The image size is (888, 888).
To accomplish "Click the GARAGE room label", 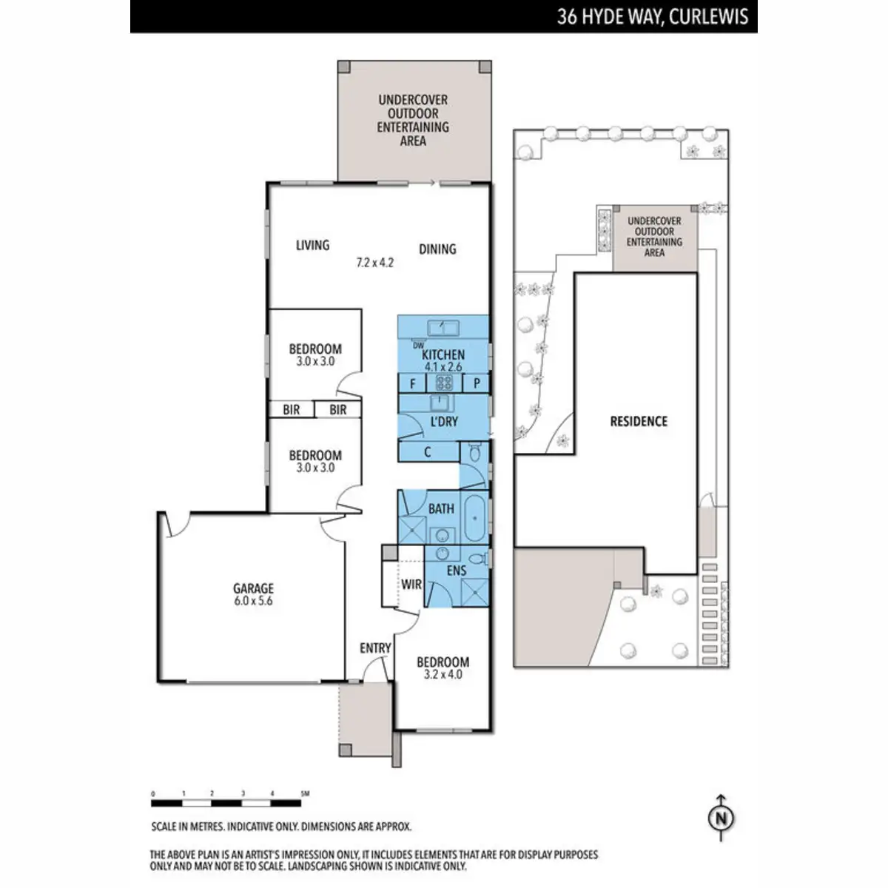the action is [x=253, y=588].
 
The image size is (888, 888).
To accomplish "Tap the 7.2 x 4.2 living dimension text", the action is [x=374, y=262].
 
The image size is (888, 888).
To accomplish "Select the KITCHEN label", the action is [x=443, y=355].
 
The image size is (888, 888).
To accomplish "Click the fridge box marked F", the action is [x=412, y=383].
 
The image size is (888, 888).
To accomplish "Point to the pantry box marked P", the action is [x=477, y=383].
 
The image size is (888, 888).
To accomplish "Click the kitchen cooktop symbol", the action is [x=444, y=383].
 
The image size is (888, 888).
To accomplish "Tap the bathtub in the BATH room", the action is [x=474, y=518].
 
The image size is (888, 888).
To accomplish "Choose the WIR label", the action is [x=411, y=585].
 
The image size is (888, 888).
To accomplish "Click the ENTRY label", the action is [x=375, y=648].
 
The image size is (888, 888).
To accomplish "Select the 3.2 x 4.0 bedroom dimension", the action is [x=443, y=675].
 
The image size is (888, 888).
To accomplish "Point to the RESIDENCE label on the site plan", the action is [x=639, y=421].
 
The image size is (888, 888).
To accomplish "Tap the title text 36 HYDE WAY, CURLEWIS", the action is [x=652, y=17].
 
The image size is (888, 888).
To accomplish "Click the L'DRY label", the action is [x=443, y=422].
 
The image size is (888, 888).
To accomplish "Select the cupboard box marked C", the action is [x=428, y=452].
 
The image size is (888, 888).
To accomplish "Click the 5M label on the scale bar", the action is [x=305, y=793].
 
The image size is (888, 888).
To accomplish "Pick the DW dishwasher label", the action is [x=418, y=346].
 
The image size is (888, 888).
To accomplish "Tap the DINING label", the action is [x=437, y=249].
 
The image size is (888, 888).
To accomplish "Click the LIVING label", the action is [x=312, y=245].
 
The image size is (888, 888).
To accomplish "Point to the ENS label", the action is [x=457, y=571].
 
